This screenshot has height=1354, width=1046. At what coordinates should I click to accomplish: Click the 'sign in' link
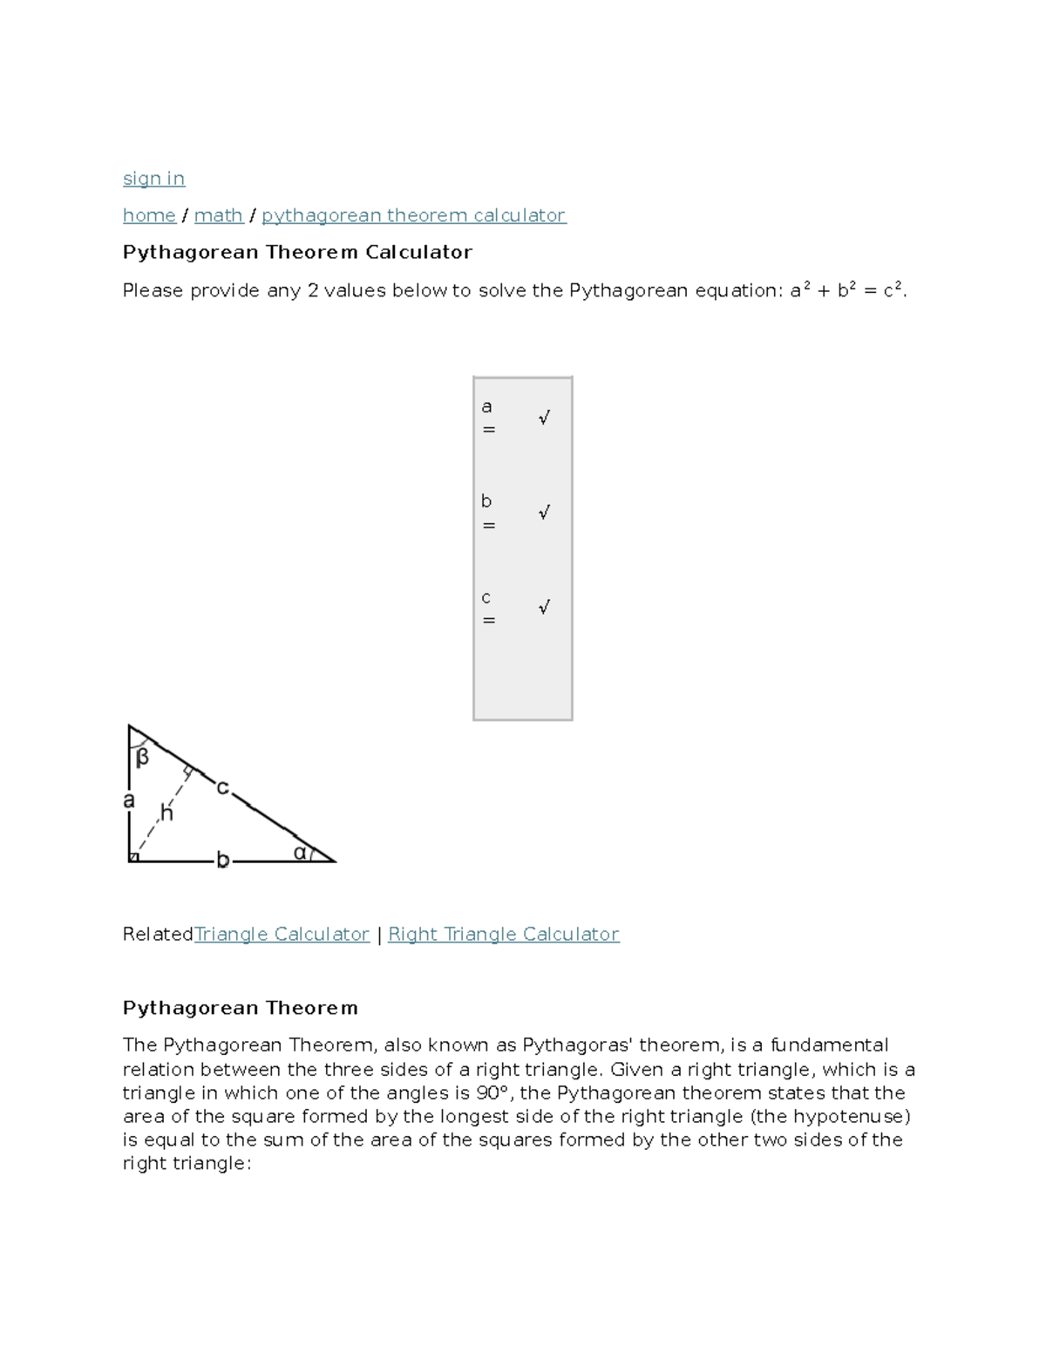[x=153, y=179]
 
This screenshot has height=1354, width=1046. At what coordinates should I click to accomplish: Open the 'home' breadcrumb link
[x=149, y=215]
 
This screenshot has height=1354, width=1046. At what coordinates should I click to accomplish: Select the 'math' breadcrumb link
[x=218, y=215]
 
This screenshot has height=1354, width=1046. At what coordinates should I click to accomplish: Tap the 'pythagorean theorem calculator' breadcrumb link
[x=413, y=215]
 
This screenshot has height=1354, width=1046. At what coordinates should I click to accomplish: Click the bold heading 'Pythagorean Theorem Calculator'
[x=297, y=253]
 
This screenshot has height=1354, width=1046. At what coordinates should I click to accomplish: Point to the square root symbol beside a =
[x=544, y=418]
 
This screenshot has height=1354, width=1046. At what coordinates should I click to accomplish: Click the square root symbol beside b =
[x=544, y=513]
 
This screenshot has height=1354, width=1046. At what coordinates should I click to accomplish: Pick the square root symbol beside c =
[x=544, y=608]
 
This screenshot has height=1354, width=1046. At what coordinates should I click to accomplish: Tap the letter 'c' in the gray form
[x=486, y=597]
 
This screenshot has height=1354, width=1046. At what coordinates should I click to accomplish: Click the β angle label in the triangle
[x=142, y=758]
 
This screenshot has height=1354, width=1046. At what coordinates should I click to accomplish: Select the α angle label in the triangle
[x=300, y=853]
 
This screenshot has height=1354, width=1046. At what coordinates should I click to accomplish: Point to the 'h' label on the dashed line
[x=166, y=813]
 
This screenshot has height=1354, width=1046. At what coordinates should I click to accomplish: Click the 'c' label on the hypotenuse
[x=222, y=788]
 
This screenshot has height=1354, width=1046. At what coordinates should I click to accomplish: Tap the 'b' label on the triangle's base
[x=222, y=861]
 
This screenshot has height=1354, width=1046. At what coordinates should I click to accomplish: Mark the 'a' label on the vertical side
[x=129, y=800]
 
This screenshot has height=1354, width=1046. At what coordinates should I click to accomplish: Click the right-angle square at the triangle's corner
[x=133, y=858]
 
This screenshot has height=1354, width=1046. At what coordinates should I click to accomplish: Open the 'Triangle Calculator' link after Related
[x=282, y=935]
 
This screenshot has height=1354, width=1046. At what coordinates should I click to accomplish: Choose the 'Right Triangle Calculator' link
[x=503, y=935]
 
